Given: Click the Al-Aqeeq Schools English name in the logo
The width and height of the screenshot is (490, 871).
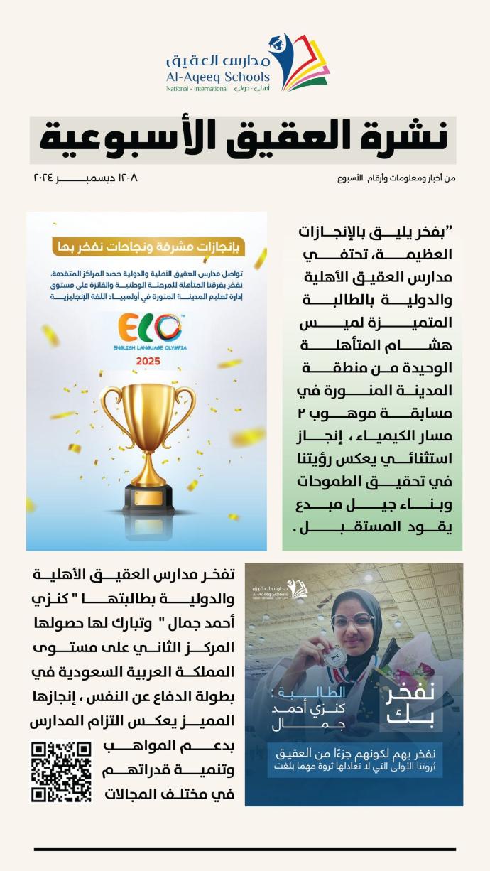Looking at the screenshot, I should tap(218, 77).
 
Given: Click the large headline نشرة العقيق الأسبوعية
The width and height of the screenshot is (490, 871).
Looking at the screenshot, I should tap(243, 139).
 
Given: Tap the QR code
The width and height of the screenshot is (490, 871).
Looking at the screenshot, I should tap(61, 772).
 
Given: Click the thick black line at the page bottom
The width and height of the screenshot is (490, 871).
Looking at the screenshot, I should tap(244, 848).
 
